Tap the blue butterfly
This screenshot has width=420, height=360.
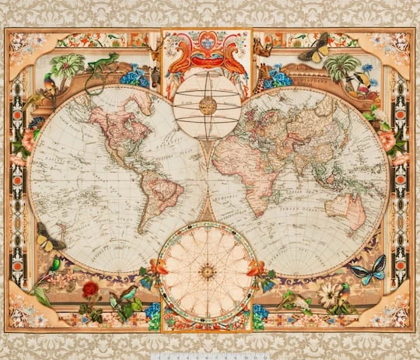click(x=367, y=270)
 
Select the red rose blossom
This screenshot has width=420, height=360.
click(x=91, y=289)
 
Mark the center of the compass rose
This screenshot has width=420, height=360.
click(x=208, y=271)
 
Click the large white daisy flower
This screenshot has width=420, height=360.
click(x=331, y=293)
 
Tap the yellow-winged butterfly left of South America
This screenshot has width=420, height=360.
click(x=49, y=238)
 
